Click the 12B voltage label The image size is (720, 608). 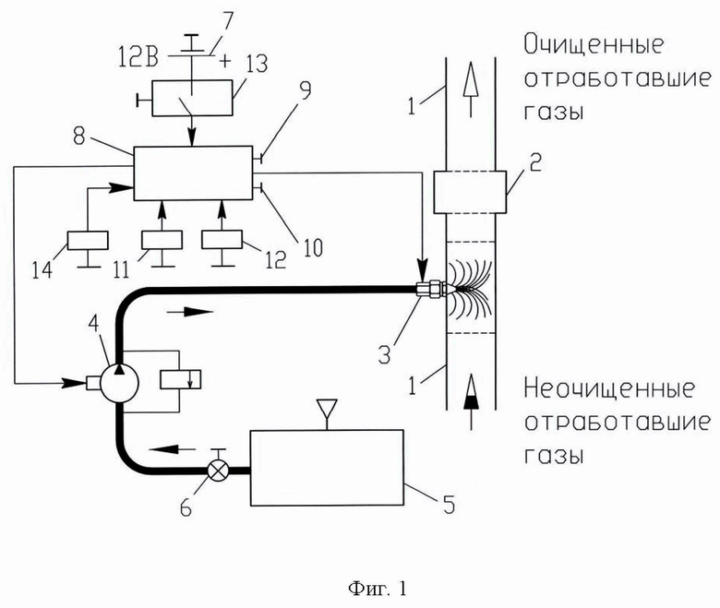coord(138,59)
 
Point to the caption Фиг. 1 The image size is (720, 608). coord(378,589)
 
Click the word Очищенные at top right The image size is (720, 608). coord(594,44)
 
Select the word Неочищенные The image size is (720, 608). coord(609,388)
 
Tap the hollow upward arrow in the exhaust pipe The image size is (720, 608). coord(471,90)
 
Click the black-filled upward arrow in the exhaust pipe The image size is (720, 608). coord(471,402)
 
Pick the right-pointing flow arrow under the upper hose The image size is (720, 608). coord(189,312)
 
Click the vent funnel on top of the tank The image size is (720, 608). coord(327,409)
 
